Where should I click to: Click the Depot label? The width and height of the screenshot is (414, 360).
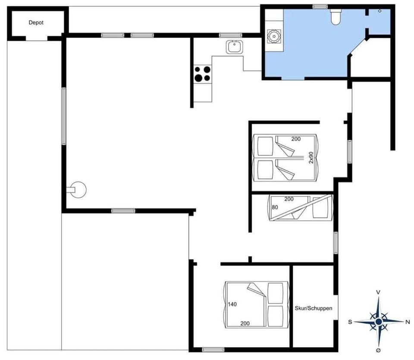36,23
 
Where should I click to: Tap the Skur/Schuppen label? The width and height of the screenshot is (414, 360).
314,308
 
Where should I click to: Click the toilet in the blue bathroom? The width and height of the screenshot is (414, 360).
336,17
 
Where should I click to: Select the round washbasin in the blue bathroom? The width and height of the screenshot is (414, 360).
273,36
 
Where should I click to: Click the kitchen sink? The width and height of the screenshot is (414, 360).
235,46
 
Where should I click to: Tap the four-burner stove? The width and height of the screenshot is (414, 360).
203,73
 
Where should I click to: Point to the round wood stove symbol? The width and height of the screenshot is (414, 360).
79,189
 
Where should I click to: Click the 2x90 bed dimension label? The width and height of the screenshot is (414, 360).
310,157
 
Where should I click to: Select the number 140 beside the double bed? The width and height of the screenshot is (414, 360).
232,304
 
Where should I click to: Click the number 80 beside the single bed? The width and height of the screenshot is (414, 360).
275,207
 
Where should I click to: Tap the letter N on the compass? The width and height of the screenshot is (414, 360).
408,322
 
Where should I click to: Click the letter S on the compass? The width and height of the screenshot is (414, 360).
350,322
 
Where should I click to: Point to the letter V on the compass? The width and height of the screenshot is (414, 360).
378,292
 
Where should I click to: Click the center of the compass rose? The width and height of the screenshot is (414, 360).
378,322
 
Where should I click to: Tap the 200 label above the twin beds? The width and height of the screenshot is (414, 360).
295,139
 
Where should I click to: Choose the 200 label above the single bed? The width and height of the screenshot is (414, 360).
289,199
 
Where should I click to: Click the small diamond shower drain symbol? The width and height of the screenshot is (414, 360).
379,11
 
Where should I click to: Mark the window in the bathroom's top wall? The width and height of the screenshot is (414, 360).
320,6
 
